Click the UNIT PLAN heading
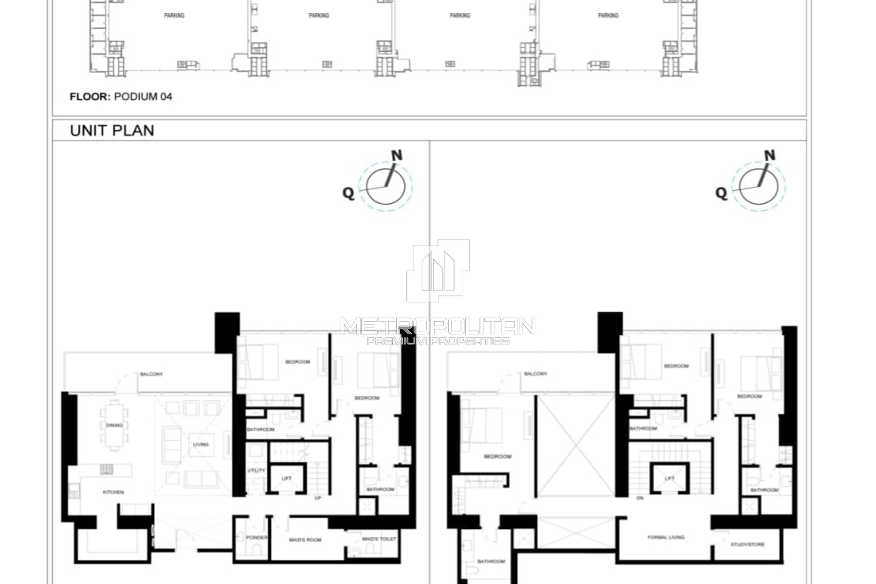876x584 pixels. [112, 130]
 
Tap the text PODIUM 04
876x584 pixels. [143, 96]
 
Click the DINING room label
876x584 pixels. [114, 425]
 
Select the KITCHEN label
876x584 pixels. [113, 493]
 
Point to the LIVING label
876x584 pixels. [201, 444]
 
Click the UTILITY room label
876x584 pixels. [256, 471]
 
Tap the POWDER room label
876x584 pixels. [256, 538]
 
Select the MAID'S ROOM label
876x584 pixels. [305, 540]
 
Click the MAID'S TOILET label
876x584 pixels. [379, 539]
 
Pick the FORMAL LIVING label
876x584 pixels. [666, 537]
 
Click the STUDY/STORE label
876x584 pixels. [748, 545]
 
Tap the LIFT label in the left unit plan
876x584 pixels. [287, 478]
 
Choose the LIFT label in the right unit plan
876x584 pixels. [670, 478]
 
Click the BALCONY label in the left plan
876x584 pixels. [151, 374]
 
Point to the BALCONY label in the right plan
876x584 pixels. [535, 374]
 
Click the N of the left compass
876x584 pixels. [397, 155]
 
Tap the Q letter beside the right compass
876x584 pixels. [721, 193]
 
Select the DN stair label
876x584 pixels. [640, 498]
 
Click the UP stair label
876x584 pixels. [318, 498]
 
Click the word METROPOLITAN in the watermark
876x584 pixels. [438, 326]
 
